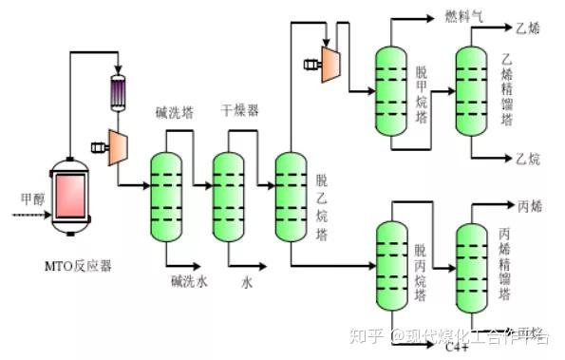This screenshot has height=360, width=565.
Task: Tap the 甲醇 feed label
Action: point(32,200)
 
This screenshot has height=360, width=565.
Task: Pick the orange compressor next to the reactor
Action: point(120,145)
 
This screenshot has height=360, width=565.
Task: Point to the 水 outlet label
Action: point(246,282)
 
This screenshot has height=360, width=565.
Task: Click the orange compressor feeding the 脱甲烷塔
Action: point(330,64)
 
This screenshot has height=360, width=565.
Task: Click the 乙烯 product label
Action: point(527,28)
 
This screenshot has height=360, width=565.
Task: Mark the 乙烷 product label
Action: point(527,157)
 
